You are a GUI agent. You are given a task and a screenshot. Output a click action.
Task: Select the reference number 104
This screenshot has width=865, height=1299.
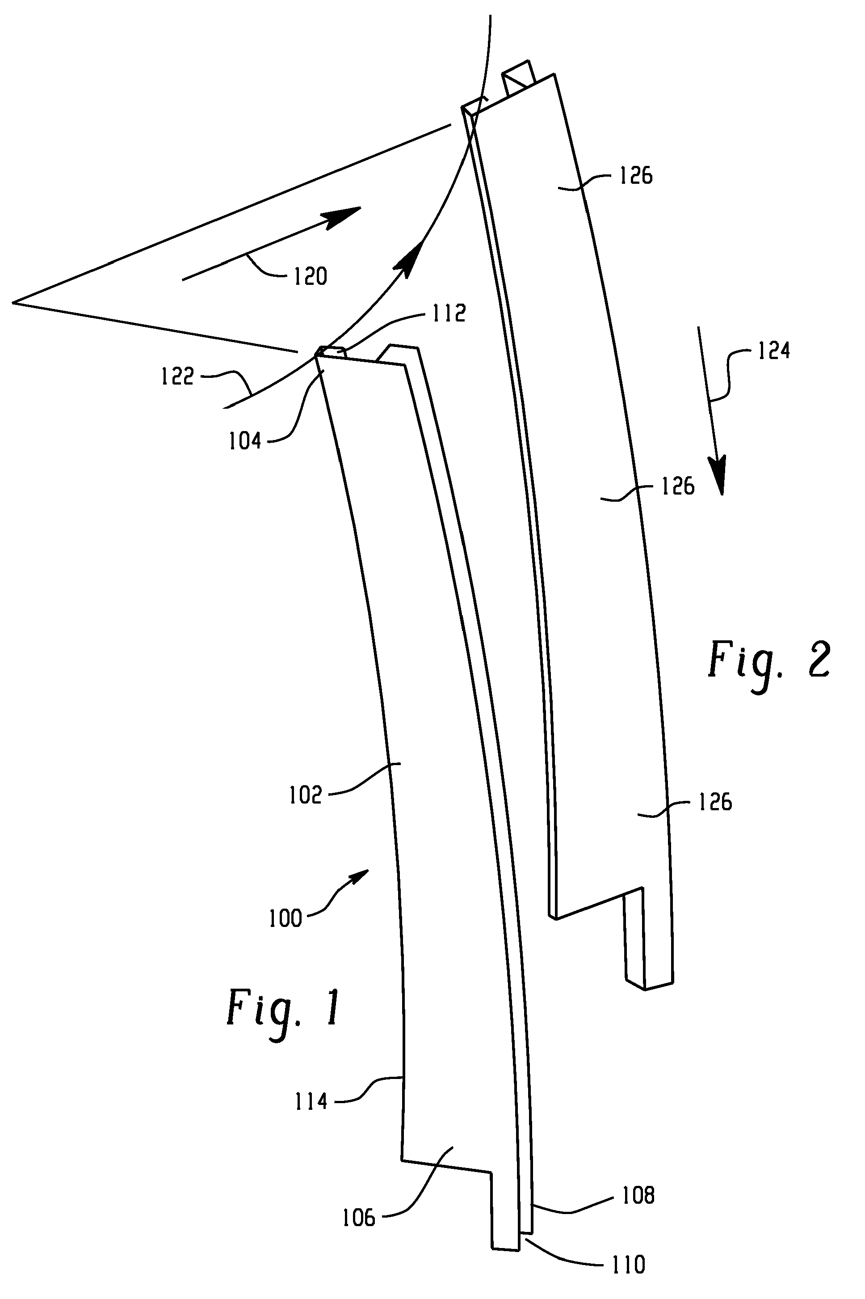pyautogui.click(x=245, y=441)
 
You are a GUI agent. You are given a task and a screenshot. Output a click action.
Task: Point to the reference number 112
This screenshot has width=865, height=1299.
pyautogui.click(x=449, y=313)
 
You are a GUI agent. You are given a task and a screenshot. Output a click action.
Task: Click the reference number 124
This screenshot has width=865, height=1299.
pyautogui.click(x=773, y=351)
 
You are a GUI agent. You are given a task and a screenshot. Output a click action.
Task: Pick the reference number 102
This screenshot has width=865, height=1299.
pyautogui.click(x=305, y=795)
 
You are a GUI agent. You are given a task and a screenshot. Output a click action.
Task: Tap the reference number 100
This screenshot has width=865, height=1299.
pyautogui.click(x=285, y=918)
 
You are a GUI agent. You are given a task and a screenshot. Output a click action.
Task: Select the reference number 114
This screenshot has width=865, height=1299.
pyautogui.click(x=311, y=1102)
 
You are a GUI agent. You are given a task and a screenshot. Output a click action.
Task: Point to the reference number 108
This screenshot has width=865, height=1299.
pyautogui.click(x=638, y=1196)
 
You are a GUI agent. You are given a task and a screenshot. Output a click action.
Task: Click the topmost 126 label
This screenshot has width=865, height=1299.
pyautogui.click(x=636, y=176)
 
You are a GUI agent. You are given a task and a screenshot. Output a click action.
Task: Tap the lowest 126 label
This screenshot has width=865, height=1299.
pyautogui.click(x=715, y=803)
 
